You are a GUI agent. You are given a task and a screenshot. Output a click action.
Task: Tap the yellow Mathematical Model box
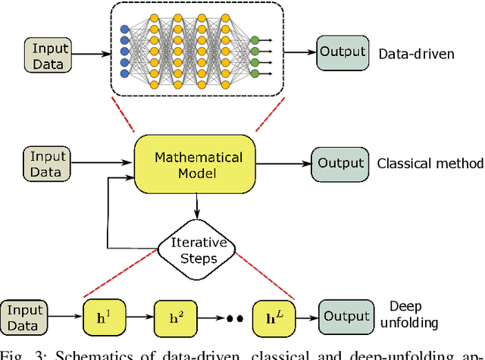[199, 165]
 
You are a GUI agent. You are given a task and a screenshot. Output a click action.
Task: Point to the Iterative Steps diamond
[198, 249]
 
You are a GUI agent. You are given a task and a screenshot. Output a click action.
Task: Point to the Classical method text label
[430, 164]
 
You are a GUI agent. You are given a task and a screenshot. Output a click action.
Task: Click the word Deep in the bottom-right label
[405, 306]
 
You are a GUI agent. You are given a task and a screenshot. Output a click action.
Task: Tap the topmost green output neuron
[255, 39]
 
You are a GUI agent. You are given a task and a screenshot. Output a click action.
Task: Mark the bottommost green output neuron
[255, 73]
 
